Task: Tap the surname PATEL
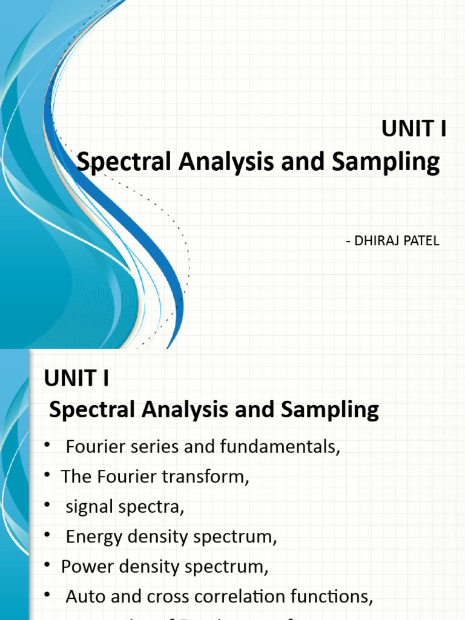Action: tap(423, 241)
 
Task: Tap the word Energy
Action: tap(93, 536)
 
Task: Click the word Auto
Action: tap(85, 597)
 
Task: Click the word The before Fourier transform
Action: tap(74, 477)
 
